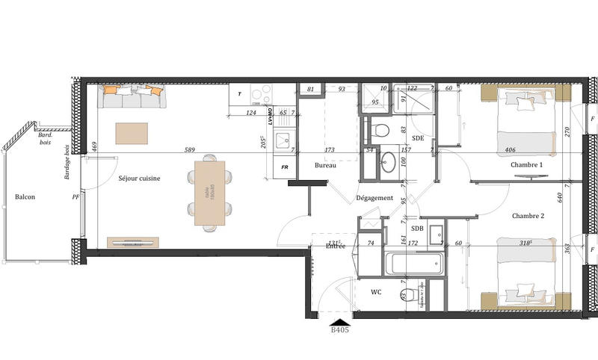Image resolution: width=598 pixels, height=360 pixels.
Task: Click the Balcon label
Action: [26, 197]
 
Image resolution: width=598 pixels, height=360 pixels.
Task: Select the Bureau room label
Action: [325, 165]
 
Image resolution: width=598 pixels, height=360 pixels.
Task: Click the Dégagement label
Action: [374, 198]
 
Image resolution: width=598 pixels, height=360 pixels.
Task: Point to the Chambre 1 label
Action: [527, 165]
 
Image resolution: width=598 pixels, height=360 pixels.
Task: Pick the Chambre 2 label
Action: [528, 216]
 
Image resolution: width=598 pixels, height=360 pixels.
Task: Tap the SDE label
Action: [418, 138]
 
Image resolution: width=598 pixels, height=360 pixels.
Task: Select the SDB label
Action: [418, 229]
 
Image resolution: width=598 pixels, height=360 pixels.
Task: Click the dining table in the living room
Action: [209, 192]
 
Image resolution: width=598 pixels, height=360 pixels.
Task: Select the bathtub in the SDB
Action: [413, 262]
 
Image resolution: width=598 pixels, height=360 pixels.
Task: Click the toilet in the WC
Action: [408, 294]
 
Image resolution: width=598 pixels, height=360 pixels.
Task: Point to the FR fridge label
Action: [285, 167]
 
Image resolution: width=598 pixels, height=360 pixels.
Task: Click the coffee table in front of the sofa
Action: [132, 133]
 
